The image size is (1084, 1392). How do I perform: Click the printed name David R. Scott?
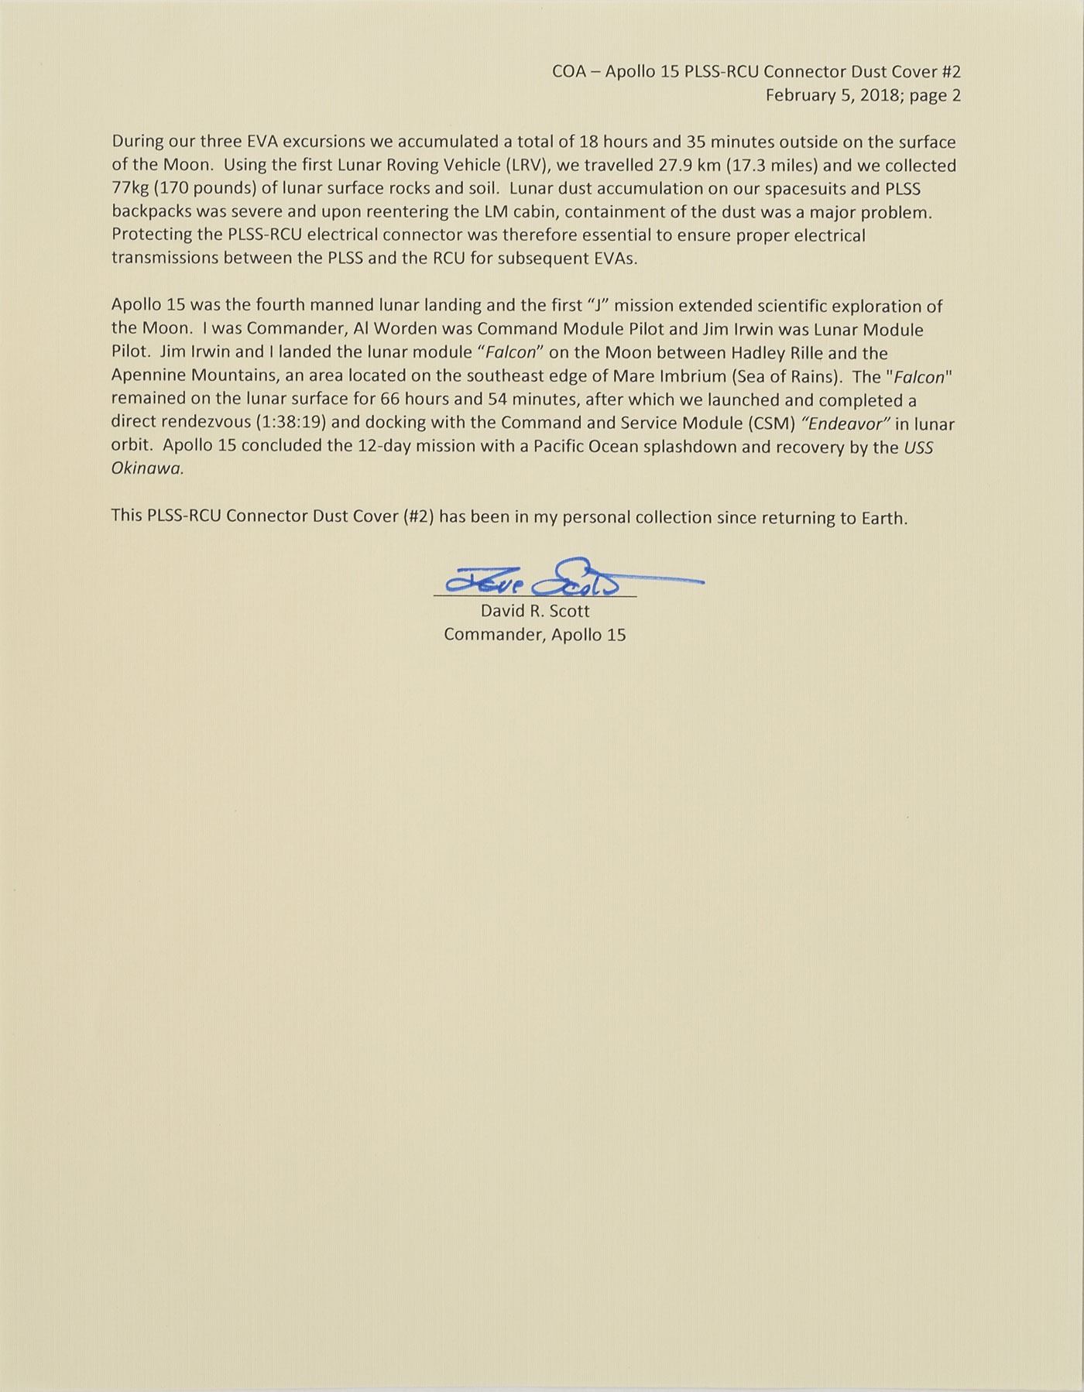pyautogui.click(x=535, y=611)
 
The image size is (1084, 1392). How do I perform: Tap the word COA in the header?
pyautogui.click(x=569, y=72)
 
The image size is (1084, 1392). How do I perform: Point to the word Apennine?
pyautogui.click(x=147, y=377)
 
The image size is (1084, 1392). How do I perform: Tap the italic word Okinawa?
pyautogui.click(x=147, y=471)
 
